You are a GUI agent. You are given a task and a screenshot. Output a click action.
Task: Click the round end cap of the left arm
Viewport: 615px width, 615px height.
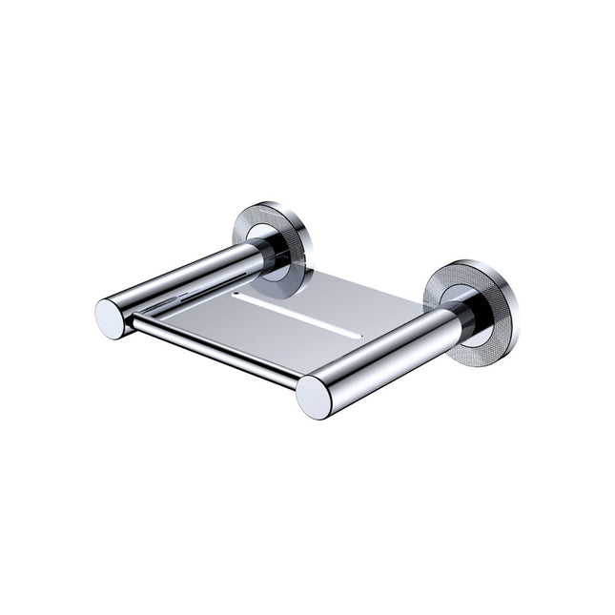(111, 318)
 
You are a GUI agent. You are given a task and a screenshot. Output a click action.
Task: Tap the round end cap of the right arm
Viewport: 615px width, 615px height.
(316, 397)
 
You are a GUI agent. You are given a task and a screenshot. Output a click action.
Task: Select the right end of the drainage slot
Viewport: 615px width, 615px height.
(361, 334)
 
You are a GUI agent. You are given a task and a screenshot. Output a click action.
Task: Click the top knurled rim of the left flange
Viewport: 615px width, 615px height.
(269, 205)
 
